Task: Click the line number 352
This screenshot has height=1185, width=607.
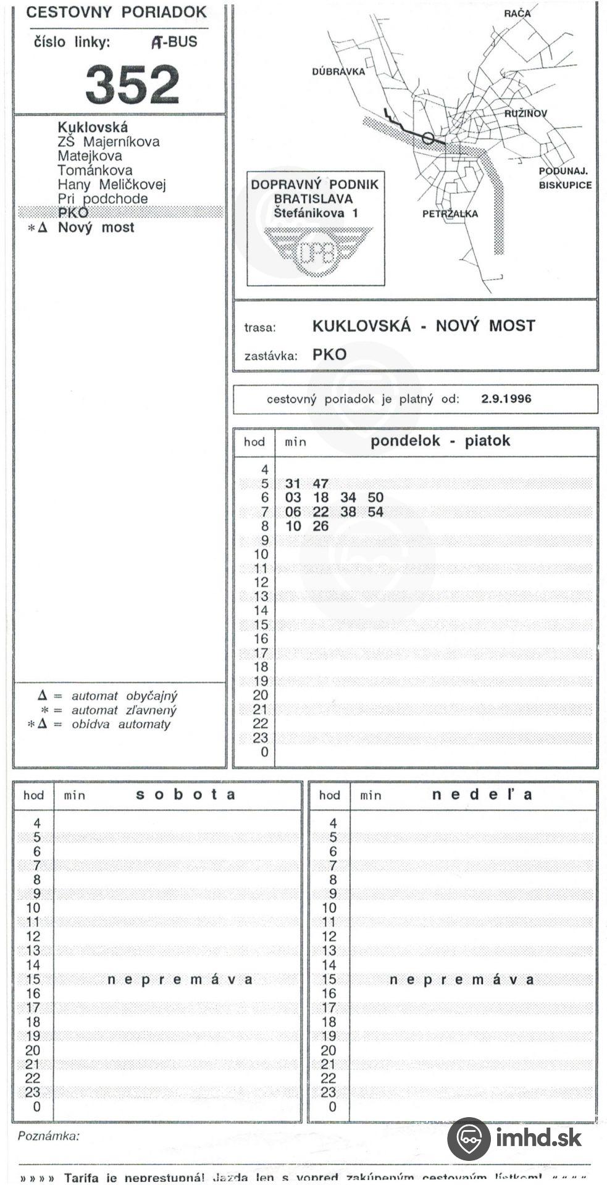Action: click(132, 85)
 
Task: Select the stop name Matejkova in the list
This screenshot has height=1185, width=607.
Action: click(90, 156)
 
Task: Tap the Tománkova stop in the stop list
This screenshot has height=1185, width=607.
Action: click(94, 170)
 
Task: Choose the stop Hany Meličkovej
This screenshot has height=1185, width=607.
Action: click(111, 185)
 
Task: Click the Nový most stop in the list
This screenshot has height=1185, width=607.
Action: click(96, 228)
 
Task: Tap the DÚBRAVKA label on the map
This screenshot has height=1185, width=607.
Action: click(338, 72)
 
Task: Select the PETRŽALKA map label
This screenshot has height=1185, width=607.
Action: click(450, 214)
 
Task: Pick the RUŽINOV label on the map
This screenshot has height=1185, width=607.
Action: click(525, 114)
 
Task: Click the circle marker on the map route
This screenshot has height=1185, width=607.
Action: click(427, 138)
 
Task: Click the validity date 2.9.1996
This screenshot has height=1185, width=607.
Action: click(506, 399)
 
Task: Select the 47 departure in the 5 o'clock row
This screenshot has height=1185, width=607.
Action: click(320, 484)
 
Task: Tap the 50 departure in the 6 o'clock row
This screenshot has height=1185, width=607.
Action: click(375, 498)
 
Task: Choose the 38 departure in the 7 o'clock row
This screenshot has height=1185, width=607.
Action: click(348, 512)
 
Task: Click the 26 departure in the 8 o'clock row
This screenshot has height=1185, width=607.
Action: click(320, 526)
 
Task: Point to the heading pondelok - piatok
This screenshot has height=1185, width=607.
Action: click(440, 441)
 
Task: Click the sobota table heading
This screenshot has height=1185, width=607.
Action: click(185, 795)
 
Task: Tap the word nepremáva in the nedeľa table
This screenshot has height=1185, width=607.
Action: click(461, 980)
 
